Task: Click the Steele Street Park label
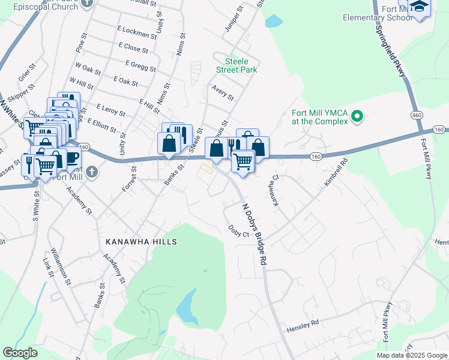tap(241, 65)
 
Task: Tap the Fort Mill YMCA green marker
tap(358, 116)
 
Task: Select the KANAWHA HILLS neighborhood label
tap(142, 241)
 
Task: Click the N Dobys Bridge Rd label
tap(254, 234)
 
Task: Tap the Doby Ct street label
tap(239, 230)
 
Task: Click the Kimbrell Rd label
tap(336, 172)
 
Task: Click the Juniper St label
tap(232, 19)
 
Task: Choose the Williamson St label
tap(62, 265)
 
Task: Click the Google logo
tap(20, 353)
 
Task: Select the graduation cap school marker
tap(420, 7)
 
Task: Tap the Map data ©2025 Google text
tap(411, 355)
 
